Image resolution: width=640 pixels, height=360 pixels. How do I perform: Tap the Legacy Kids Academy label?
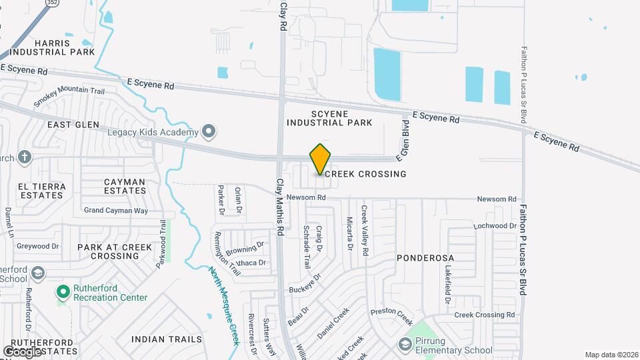[x=153, y=132]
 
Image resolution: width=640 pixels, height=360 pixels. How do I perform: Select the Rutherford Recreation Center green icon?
[x=63, y=292]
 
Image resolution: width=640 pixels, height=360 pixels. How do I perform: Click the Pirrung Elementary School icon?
[x=404, y=345]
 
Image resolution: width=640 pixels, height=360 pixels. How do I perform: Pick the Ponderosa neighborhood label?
[x=425, y=258]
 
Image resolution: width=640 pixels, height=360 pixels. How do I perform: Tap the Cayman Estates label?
[x=125, y=186]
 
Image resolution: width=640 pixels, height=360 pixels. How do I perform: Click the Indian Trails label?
[x=166, y=339]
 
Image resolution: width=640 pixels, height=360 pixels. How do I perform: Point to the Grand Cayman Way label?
[x=115, y=211]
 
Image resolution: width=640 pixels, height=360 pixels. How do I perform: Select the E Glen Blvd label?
[x=404, y=141]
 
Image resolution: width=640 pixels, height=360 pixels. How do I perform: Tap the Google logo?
[x=23, y=351]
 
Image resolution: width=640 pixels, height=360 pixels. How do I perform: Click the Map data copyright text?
[x=611, y=355]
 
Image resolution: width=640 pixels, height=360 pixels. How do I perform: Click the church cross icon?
[x=24, y=157]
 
